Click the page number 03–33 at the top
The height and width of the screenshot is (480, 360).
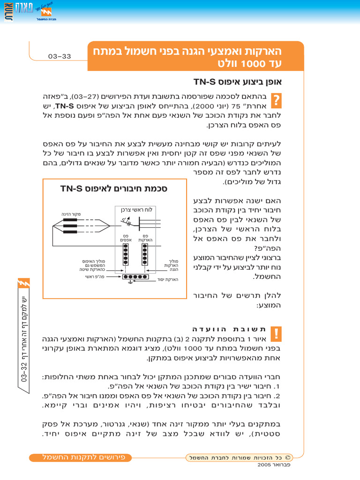(59, 57)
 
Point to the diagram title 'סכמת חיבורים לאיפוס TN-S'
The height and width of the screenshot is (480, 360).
(114, 188)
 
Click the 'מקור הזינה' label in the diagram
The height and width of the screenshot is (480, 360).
(71, 214)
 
